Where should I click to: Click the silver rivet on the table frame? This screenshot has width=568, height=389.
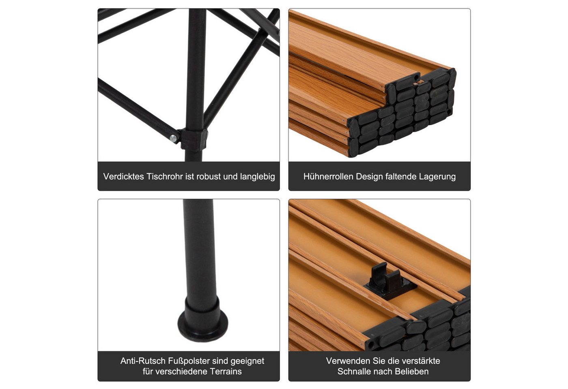pos(174,138)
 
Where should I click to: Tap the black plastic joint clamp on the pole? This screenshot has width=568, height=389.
pos(194,139)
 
